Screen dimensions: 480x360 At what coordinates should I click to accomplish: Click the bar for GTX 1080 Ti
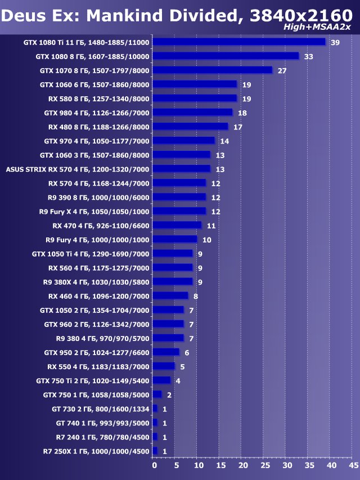coord(239,42)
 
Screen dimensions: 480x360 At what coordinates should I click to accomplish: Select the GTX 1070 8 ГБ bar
coord(212,70)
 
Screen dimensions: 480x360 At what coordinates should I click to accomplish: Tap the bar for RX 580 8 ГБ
coord(195,98)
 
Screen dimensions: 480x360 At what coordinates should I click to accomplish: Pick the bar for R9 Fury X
coord(179,211)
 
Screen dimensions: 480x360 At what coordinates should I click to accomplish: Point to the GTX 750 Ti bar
coord(161,380)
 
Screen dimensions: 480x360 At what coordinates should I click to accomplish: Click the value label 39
coord(335,43)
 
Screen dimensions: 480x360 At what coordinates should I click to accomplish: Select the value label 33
coord(308,57)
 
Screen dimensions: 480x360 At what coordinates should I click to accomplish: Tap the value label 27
coord(282,71)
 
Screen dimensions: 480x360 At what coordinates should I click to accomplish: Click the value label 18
coord(242,113)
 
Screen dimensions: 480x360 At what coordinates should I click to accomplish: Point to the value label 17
coord(237,127)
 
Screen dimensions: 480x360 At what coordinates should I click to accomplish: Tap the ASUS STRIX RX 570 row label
coord(78,169)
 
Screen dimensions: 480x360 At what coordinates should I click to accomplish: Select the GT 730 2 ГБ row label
coord(102,409)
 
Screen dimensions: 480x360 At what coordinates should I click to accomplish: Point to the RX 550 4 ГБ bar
coord(164,366)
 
